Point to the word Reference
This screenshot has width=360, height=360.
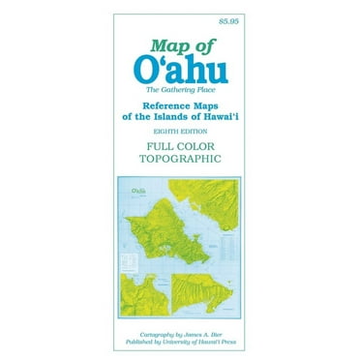point(145,109)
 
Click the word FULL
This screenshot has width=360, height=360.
point(149,151)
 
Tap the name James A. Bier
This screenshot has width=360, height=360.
point(203,331)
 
